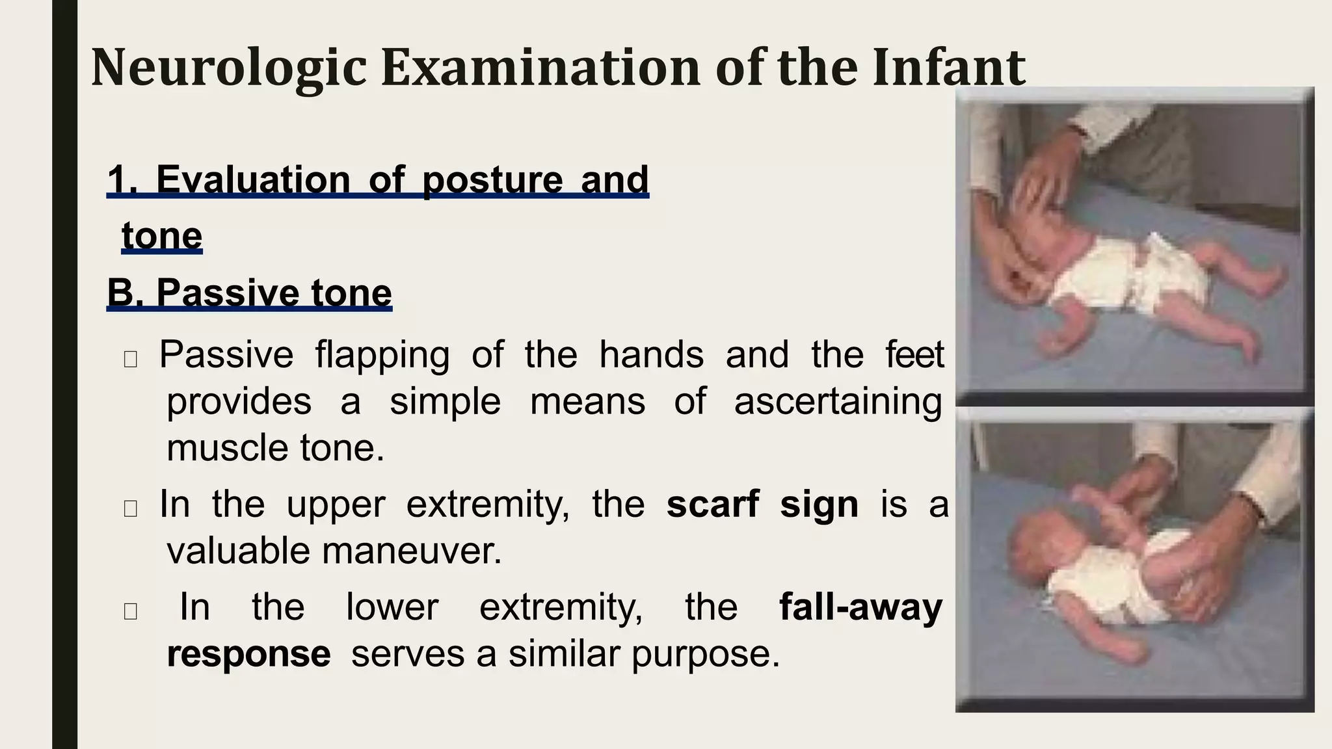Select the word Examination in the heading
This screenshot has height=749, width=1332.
coord(540,67)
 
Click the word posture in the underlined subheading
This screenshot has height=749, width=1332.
coord(492,180)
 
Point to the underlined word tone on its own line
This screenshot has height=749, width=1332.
coord(162,235)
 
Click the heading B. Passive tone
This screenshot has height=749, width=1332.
coord(249,293)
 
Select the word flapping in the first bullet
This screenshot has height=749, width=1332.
coord(382,355)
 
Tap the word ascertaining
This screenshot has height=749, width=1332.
coord(838,402)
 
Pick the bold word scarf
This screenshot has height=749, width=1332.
coord(713,504)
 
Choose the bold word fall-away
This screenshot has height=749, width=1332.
coord(860,607)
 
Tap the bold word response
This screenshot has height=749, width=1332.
coord(248,654)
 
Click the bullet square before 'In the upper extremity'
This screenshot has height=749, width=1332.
coord(130,508)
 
